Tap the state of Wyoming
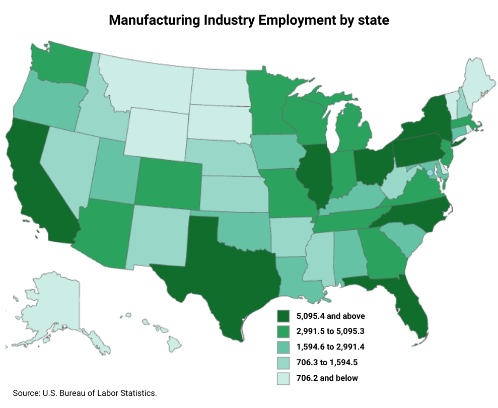156,131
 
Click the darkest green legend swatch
283,316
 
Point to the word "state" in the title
372,20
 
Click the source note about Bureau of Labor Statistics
85,393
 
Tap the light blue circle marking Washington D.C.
429,172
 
